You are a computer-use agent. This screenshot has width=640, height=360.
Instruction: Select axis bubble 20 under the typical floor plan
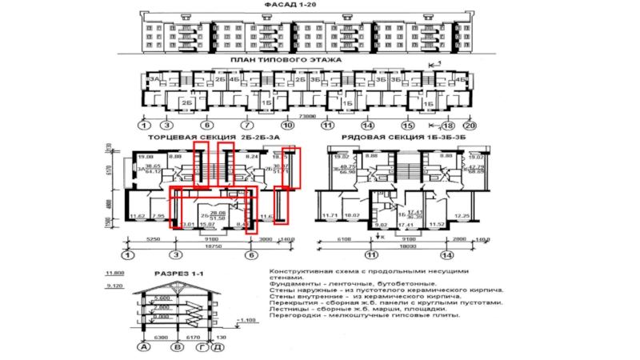[x=470, y=126]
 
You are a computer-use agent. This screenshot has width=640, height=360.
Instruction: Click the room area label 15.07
[x=212, y=226]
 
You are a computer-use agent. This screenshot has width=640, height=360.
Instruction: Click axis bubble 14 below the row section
[x=444, y=255]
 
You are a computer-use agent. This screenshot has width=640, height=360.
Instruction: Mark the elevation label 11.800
[x=114, y=274]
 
